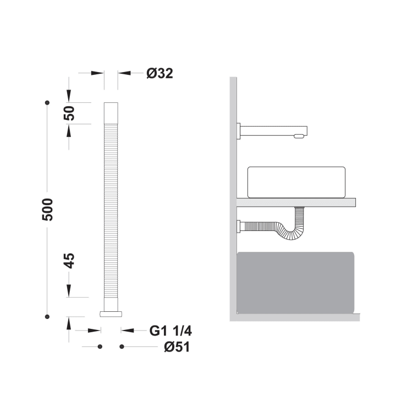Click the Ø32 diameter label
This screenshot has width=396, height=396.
(159, 74)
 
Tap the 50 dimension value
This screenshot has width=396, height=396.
(69, 113)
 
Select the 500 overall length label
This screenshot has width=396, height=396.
(47, 210)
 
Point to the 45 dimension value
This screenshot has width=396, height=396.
(69, 261)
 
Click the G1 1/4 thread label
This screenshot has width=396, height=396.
(170, 331)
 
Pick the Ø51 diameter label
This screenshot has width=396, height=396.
(177, 346)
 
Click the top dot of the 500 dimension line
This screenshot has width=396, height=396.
(47, 102)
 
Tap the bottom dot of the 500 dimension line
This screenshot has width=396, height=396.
(47, 317)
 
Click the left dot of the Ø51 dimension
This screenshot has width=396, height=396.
(100, 346)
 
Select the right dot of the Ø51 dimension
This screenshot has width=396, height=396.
(122, 346)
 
